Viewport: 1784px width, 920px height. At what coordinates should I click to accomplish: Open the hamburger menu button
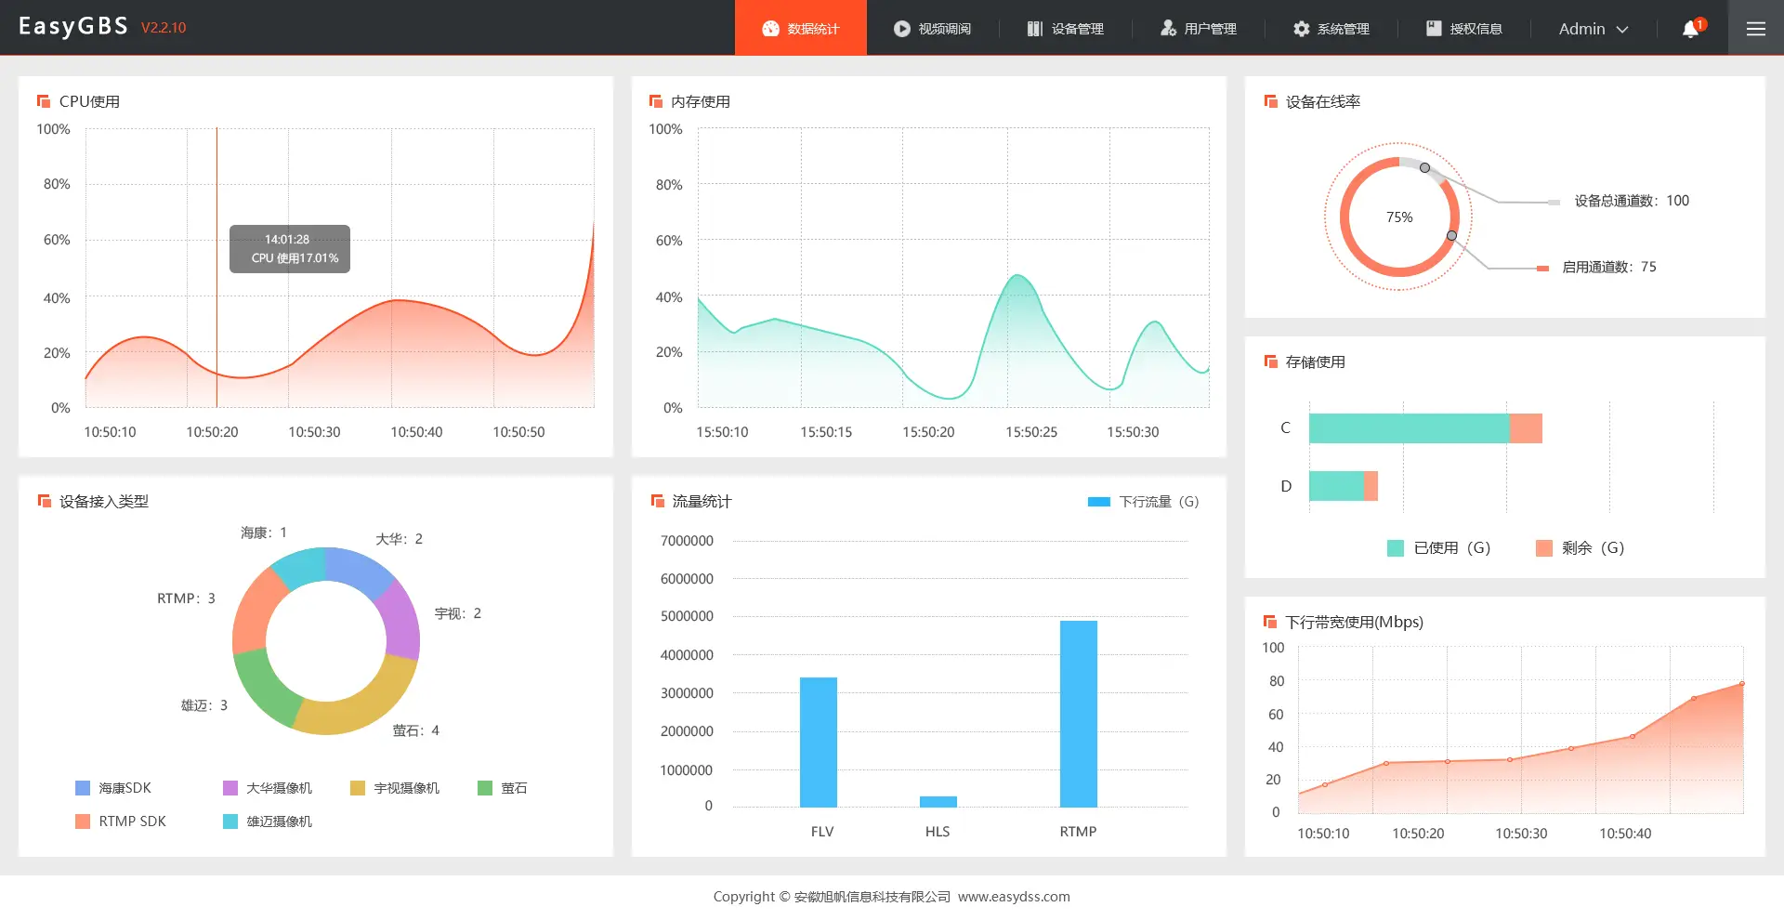coord(1755,29)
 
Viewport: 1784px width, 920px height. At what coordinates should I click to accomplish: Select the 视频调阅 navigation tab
coord(932,29)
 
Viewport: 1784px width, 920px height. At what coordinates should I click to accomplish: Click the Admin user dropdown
coord(1593,29)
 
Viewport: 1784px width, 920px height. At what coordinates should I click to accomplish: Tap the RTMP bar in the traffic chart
coord(1078,714)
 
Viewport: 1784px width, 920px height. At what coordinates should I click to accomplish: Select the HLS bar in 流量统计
coord(938,801)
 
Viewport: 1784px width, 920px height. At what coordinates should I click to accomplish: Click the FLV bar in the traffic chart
coord(818,742)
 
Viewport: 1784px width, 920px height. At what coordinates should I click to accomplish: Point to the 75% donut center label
coord(1398,217)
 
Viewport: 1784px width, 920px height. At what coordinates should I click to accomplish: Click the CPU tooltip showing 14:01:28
coord(290,249)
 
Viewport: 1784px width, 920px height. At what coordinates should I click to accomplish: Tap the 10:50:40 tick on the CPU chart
coord(416,432)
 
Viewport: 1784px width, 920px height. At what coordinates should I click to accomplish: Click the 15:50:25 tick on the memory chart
coord(1030,432)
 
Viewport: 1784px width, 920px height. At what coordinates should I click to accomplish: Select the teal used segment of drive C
coord(1409,428)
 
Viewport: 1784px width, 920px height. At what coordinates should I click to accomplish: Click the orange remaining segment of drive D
coord(1371,486)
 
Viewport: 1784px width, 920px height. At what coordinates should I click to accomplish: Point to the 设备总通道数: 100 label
coord(1631,201)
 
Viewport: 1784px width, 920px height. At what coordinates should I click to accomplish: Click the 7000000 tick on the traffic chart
coord(687,541)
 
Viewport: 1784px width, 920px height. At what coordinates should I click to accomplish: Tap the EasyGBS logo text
coord(73,26)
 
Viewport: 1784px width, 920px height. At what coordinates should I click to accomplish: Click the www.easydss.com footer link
coord(1014,897)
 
